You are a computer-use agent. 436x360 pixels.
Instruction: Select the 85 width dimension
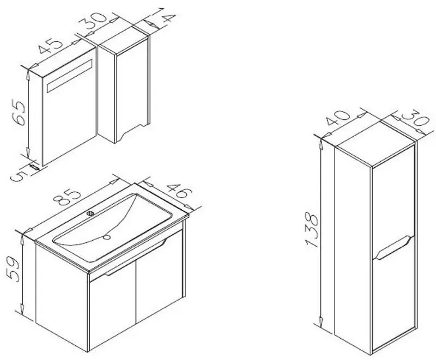tap(68, 198)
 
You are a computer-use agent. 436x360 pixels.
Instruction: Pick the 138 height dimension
tap(311, 230)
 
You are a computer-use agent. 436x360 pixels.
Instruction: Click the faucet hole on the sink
tap(90, 213)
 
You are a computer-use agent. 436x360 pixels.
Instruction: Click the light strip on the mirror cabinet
tap(69, 75)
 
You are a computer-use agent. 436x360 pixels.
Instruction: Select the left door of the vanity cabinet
tap(112, 306)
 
